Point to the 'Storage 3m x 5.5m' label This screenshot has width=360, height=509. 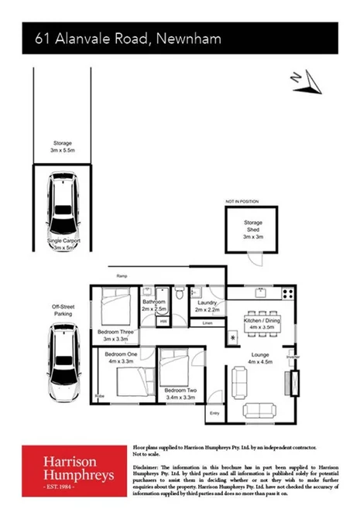(x=61, y=147)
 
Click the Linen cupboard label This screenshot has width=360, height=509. (x=207, y=323)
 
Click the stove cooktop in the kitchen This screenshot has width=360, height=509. (x=288, y=293)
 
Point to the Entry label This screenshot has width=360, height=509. (x=214, y=414)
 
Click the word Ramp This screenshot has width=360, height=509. (x=122, y=275)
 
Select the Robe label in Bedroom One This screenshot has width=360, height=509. (x=99, y=396)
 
